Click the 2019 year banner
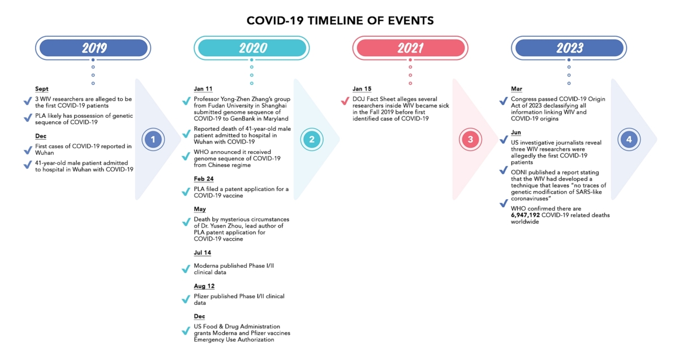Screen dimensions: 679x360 93,48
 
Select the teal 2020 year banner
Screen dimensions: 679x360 252,48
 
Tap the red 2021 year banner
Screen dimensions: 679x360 410,48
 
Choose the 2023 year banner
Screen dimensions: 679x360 569,48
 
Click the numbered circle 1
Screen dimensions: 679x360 153,139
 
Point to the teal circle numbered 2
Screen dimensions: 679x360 312,139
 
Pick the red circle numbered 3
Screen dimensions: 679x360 470,139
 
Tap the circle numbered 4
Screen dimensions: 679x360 629,139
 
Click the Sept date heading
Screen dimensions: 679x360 41,89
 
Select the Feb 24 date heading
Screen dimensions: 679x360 204,179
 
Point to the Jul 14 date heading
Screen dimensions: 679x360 203,252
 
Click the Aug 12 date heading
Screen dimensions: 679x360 204,286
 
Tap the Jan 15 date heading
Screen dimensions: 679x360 362,89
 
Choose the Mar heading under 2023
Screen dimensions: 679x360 517,89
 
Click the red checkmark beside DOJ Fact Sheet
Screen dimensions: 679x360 345,101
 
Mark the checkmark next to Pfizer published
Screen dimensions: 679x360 186,299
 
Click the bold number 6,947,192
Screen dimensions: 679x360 525,215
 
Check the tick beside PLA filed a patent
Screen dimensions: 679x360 186,192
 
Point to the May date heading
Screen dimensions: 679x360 200,209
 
